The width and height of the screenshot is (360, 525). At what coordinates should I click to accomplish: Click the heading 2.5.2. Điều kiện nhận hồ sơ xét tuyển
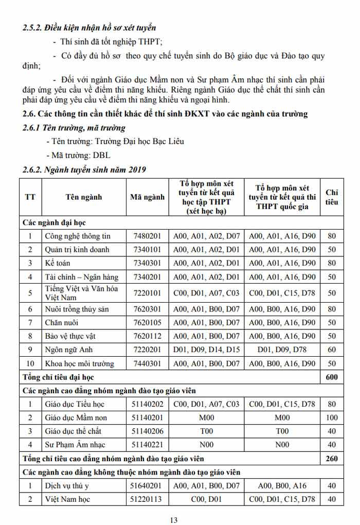point(89,28)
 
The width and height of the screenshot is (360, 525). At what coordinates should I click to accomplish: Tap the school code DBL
point(101,155)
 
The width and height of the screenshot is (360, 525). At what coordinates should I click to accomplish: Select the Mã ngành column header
point(147,197)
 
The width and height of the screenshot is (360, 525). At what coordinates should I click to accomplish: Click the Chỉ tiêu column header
point(332,197)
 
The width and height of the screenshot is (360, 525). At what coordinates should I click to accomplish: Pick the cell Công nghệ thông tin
point(77,236)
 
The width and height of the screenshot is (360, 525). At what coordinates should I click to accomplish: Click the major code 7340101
point(147,250)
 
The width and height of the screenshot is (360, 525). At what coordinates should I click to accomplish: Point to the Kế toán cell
point(57,263)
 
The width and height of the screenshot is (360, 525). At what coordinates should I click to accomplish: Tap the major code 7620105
point(147,323)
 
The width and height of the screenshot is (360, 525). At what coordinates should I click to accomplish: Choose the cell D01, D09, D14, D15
point(206,350)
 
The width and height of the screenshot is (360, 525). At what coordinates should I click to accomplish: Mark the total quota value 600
point(332,377)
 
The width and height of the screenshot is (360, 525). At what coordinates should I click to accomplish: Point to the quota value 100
point(332,417)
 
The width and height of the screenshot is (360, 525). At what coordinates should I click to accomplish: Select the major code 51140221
point(147,445)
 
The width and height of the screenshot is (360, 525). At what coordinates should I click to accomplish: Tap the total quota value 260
point(332,458)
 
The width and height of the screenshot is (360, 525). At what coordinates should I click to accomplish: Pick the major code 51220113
point(147,499)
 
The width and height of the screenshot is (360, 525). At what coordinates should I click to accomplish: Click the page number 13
point(174,520)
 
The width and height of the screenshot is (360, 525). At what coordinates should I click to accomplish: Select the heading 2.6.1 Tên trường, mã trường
point(74,128)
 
